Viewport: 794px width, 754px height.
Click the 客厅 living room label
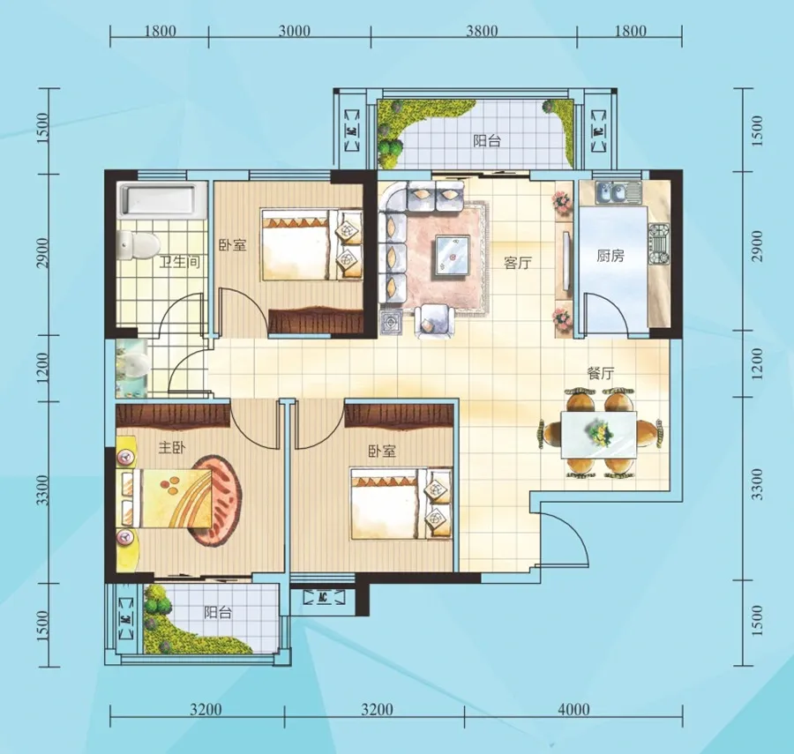coord(518,263)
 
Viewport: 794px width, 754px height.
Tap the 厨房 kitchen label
coord(610,256)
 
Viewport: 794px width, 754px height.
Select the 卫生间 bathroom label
coord(180,262)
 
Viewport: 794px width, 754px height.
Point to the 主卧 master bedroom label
coord(172,448)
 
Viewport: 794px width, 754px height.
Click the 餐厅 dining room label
coord(600,374)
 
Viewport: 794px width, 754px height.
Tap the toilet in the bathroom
coord(137,244)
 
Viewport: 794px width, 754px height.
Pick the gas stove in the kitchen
coord(659,244)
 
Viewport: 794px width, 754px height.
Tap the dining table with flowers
coord(598,434)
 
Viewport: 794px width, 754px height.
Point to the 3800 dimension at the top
coord(482,32)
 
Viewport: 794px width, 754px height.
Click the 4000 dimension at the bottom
coord(573,710)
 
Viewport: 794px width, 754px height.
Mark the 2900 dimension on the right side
coord(757,246)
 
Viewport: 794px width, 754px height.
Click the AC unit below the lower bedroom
coord(323,597)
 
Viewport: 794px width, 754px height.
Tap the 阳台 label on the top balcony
coord(487,140)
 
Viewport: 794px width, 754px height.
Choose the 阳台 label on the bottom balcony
coord(218,613)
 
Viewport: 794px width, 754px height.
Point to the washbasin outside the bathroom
coord(132,367)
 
